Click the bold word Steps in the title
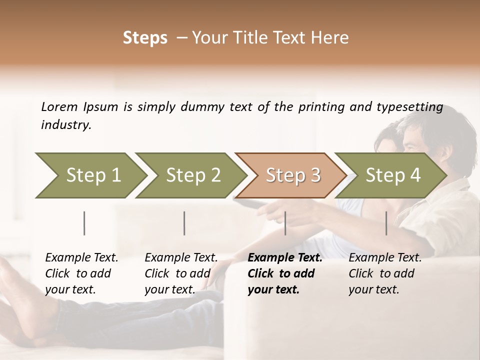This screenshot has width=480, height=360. [x=145, y=38]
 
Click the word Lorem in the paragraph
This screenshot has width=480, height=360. [x=59, y=106]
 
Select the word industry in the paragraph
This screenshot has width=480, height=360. [x=65, y=125]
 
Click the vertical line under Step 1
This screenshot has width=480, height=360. [x=84, y=223]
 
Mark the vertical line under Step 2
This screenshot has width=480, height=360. [x=184, y=223]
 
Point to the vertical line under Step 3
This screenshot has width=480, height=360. [x=285, y=223]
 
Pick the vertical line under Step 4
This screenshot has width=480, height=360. [x=386, y=223]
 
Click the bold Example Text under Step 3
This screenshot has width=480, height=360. [x=285, y=257]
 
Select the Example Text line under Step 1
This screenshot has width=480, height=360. [x=81, y=257]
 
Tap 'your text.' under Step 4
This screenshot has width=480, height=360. [x=373, y=289]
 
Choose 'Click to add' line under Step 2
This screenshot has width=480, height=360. [x=177, y=273]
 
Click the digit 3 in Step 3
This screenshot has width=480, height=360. [x=315, y=175]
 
